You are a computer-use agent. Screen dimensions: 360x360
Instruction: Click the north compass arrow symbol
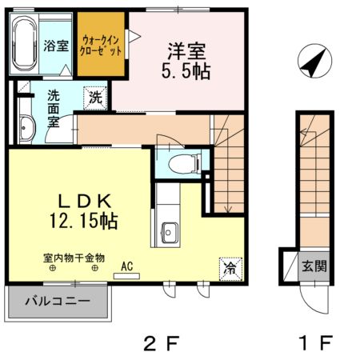click(313, 61)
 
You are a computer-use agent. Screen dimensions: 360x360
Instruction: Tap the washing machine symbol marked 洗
click(95, 98)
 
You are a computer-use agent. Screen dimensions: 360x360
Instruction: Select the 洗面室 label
click(53, 108)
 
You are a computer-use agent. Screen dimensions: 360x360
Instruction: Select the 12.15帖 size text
click(78, 219)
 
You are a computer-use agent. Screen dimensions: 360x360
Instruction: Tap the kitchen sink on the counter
click(170, 231)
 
